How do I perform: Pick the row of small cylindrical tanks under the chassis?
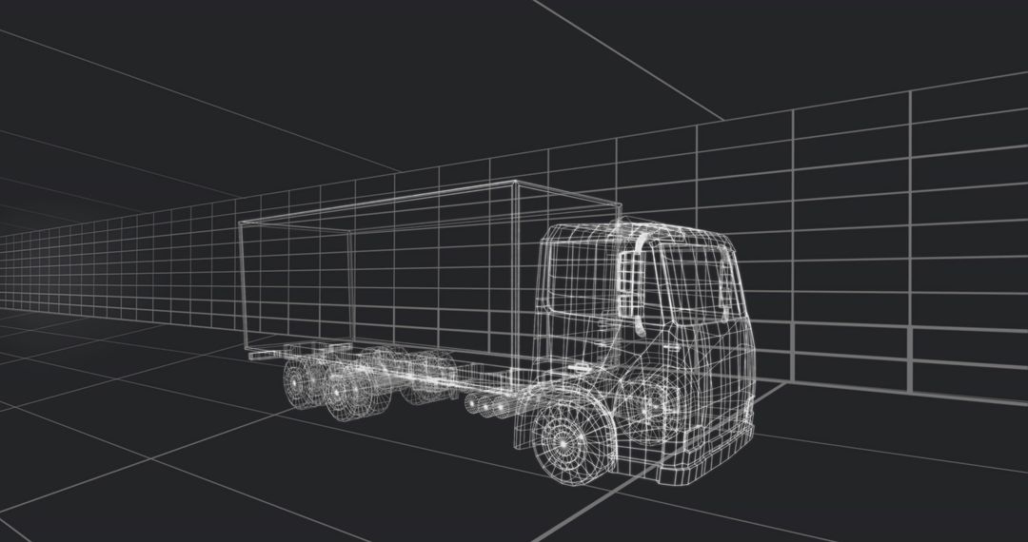pos(486,407)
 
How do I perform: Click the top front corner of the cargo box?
pos(514,182)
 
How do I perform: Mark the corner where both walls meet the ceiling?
pos(722,122)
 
